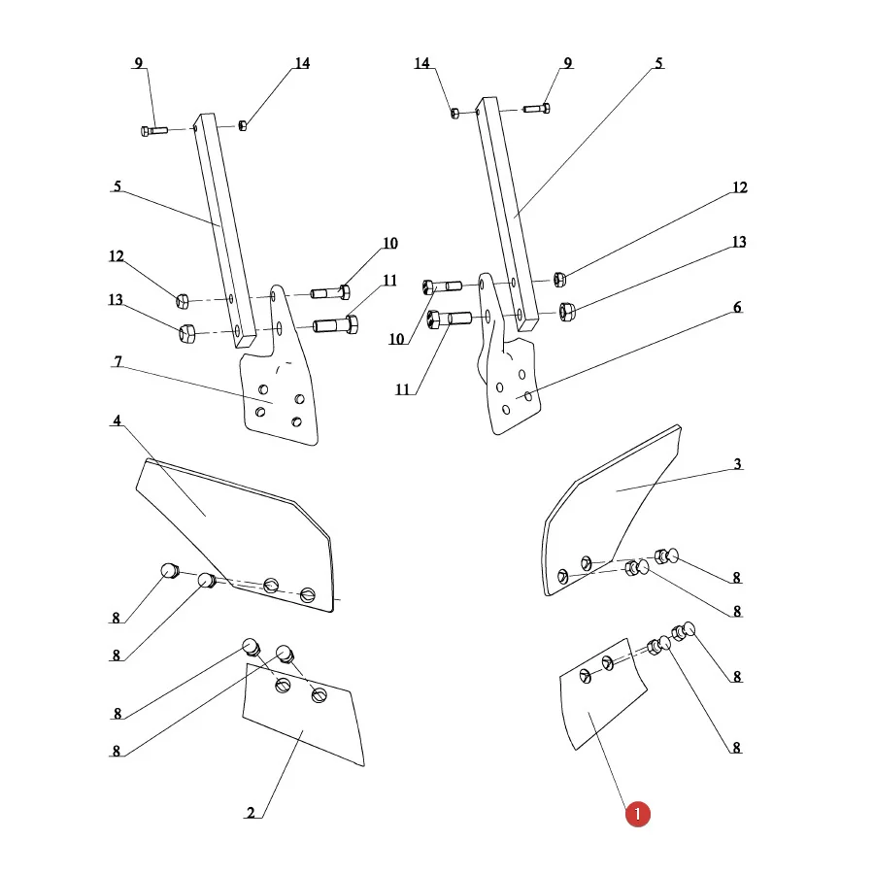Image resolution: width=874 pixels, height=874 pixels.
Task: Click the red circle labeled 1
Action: point(638,815)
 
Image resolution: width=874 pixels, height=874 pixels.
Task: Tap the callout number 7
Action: point(118,361)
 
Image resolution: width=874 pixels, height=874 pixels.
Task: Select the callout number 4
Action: point(117,420)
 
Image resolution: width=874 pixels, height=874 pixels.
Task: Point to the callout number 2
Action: point(251,813)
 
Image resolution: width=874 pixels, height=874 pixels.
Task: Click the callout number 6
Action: point(737,307)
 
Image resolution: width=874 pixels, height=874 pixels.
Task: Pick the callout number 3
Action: point(737,464)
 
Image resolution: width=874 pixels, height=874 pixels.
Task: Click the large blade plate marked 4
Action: point(236,535)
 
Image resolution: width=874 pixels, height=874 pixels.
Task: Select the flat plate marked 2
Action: point(303,715)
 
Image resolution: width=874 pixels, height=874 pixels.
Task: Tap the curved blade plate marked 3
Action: point(611,510)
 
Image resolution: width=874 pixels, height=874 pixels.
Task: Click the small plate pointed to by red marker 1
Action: point(602,694)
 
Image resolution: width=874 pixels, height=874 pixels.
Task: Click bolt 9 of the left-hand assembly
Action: point(153,131)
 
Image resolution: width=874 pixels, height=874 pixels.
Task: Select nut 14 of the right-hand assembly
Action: point(454,114)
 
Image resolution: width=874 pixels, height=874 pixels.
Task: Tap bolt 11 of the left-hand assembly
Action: point(336,324)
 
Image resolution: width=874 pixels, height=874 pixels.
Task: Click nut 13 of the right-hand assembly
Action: point(567,312)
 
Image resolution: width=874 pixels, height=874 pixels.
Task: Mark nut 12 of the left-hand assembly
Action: point(183,301)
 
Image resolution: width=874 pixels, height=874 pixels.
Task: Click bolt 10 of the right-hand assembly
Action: point(442,287)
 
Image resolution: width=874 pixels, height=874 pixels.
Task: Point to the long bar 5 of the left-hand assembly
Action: point(224,231)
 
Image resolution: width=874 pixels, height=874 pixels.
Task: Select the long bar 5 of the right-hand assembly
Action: point(507,215)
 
